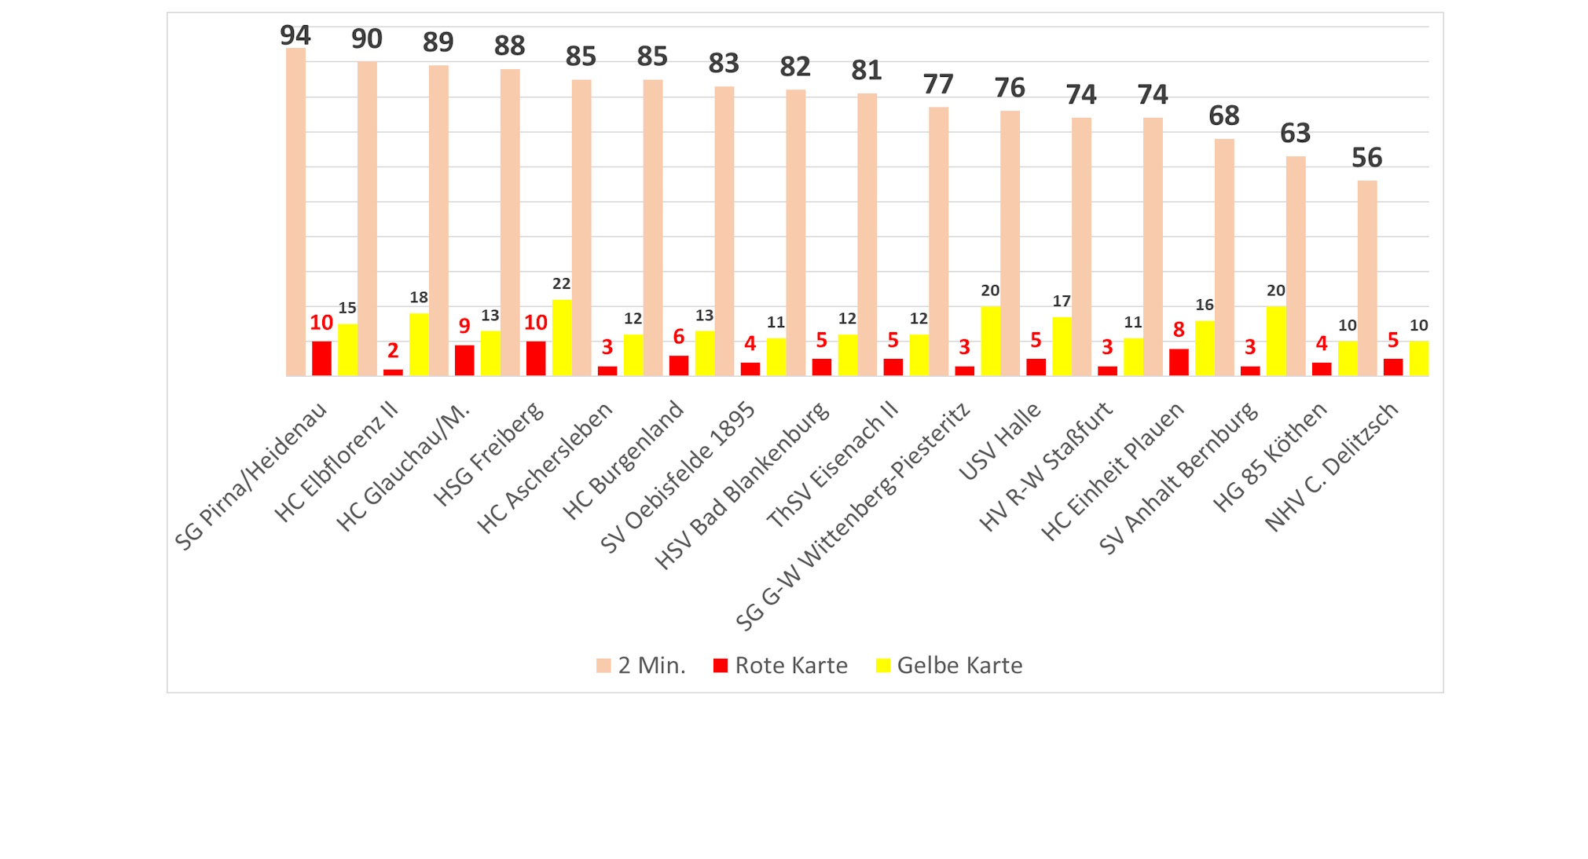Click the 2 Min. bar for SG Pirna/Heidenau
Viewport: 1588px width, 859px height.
[x=295, y=212]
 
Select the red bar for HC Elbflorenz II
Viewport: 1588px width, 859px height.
[x=393, y=372]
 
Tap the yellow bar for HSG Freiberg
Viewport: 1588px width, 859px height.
[x=562, y=338]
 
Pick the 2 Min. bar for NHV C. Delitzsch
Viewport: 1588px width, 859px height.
[x=1367, y=278]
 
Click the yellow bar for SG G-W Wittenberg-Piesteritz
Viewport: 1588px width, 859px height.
[x=990, y=341]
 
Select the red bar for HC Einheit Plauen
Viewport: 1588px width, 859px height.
[x=1179, y=362]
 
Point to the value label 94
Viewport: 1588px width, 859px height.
[x=295, y=35]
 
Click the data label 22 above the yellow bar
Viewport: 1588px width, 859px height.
[x=561, y=283]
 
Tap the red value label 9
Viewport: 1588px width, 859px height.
[x=464, y=326]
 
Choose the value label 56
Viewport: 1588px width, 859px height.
[x=1366, y=158]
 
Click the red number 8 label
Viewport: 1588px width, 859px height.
[x=1179, y=330]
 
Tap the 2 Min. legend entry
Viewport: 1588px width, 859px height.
[x=641, y=666]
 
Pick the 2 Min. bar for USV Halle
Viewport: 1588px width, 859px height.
[x=1010, y=243]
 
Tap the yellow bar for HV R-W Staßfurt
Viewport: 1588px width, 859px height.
[x=1133, y=356]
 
